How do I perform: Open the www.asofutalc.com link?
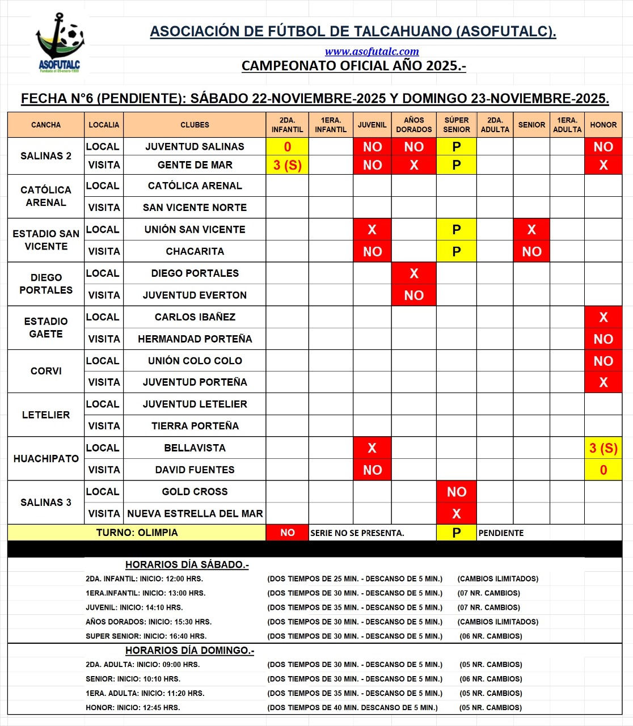tap(372, 52)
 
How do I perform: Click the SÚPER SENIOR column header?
tap(456, 125)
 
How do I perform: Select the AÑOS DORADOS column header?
tap(413, 125)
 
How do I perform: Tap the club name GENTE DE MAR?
tap(195, 165)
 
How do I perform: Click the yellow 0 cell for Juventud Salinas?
tap(287, 147)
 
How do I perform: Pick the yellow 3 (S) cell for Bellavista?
tap(603, 448)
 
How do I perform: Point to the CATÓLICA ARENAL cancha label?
tap(46, 196)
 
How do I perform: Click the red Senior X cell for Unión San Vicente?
tap(531, 230)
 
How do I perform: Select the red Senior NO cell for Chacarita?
tap(531, 251)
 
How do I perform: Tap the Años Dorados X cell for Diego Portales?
tap(413, 273)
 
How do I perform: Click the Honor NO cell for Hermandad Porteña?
tap(603, 339)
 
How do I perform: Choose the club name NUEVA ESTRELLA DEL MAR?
tap(195, 514)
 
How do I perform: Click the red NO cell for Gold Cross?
tap(456, 492)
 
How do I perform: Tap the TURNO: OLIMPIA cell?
tap(137, 533)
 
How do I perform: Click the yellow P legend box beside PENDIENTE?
tap(456, 533)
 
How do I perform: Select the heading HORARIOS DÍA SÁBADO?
tap(187, 565)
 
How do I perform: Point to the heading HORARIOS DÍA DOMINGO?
tap(189, 651)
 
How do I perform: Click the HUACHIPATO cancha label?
tap(46, 459)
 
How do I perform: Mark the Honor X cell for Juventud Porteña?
tap(603, 383)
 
